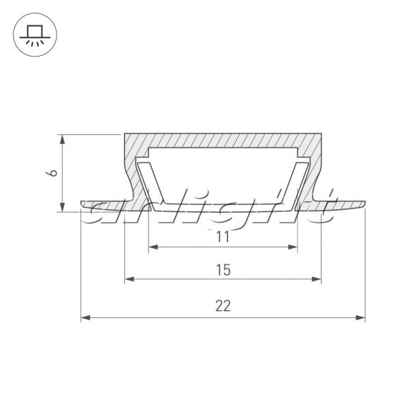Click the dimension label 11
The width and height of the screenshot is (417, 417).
pyautogui.click(x=223, y=237)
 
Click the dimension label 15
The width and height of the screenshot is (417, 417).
pyautogui.click(x=223, y=270)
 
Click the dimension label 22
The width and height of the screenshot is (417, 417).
pyautogui.click(x=223, y=305)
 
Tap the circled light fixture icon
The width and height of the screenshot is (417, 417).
pyautogui.click(x=35, y=35)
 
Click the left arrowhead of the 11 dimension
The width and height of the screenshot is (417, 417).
pyautogui.click(x=153, y=247)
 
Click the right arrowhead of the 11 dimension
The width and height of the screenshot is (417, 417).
pyautogui.click(x=293, y=247)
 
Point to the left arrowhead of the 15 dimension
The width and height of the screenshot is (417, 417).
pyautogui.click(x=129, y=279)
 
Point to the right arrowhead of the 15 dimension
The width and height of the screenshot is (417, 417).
pyautogui.click(x=317, y=279)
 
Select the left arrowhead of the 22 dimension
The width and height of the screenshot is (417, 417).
pyautogui.click(x=86, y=317)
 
